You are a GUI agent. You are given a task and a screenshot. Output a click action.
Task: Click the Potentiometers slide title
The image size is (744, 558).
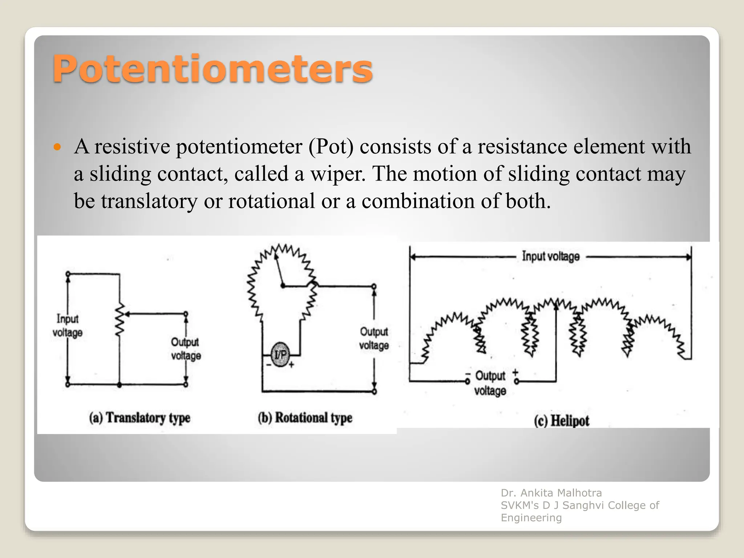(213, 69)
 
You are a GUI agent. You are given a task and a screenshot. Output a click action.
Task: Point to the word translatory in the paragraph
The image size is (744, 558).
(149, 201)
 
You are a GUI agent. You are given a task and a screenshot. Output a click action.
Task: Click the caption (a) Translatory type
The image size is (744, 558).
(140, 418)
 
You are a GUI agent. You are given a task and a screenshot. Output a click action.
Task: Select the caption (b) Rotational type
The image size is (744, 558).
(305, 418)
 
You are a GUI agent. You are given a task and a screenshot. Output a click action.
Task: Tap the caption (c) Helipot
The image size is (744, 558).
(562, 421)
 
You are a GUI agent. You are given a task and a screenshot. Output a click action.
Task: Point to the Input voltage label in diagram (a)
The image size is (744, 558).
(68, 326)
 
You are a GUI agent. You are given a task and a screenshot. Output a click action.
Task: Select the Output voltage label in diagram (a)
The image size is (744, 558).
(186, 349)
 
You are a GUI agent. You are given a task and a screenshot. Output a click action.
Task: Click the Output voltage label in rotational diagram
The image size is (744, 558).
(374, 338)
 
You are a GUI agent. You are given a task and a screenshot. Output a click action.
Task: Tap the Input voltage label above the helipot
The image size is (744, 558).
(551, 256)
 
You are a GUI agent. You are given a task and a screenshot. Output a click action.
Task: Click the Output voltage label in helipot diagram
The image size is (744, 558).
(490, 383)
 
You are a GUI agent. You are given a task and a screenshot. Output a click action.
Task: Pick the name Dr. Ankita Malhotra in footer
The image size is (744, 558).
(551, 493)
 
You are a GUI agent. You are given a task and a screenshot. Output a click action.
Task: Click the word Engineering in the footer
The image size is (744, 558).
(531, 518)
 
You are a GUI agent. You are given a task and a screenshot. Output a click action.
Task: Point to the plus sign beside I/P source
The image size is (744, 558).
(291, 364)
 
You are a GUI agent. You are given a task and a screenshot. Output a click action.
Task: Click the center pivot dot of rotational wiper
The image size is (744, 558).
(283, 286)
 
